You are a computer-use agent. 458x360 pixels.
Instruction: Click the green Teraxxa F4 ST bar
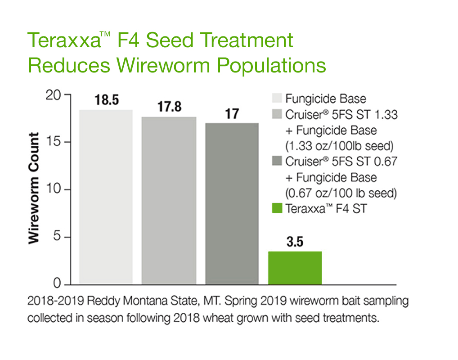click(x=295, y=268)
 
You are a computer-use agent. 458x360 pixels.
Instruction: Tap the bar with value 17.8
click(x=169, y=200)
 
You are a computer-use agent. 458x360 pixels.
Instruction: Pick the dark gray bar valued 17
click(x=232, y=203)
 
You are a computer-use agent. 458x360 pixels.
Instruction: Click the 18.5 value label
click(x=107, y=100)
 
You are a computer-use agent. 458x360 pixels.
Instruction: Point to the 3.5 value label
click(x=295, y=242)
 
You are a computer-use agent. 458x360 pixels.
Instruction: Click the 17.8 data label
click(x=169, y=107)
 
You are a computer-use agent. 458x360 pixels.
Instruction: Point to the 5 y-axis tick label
click(x=56, y=237)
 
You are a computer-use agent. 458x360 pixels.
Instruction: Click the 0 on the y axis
click(x=56, y=284)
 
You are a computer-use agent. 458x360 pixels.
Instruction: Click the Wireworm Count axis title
click(x=35, y=188)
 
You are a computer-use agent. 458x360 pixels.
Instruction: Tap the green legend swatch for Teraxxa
click(x=277, y=209)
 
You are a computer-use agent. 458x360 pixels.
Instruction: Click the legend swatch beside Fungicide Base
click(x=277, y=99)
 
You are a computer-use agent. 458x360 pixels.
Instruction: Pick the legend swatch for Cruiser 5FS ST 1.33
click(x=277, y=114)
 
